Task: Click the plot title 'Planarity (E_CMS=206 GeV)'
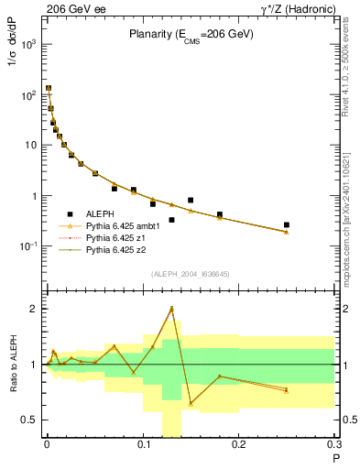click(191, 36)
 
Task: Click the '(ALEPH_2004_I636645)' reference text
click(191, 274)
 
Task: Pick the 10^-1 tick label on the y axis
click(27, 246)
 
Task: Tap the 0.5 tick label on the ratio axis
click(28, 420)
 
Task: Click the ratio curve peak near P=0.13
click(171, 309)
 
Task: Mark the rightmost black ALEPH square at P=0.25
click(287, 224)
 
